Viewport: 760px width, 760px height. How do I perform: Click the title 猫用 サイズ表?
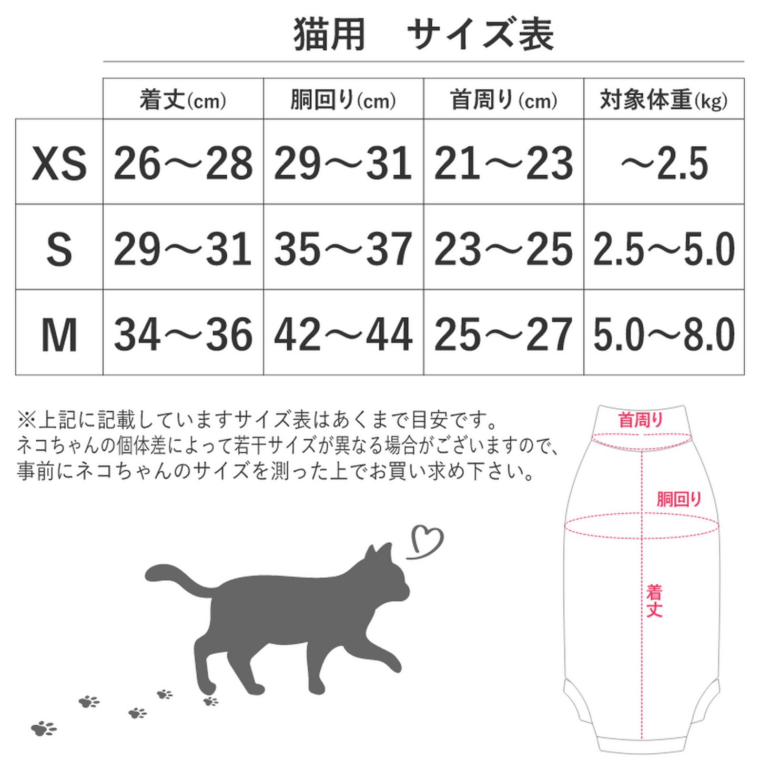tap(423, 35)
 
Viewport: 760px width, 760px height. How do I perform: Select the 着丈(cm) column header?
tap(183, 100)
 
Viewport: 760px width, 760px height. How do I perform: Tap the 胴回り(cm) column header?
tap(343, 100)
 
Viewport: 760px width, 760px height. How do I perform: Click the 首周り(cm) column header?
tap(503, 100)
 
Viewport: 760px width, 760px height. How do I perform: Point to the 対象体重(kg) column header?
tap(664, 100)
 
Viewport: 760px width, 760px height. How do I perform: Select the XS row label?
tap(59, 163)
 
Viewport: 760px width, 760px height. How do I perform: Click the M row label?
tap(59, 335)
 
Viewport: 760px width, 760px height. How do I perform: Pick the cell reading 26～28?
tap(183, 163)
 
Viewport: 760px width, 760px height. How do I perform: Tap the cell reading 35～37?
tap(343, 249)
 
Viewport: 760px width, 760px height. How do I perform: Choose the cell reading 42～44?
tap(343, 335)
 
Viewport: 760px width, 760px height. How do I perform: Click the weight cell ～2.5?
tap(664, 163)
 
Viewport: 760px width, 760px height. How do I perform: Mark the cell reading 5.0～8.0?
tap(664, 335)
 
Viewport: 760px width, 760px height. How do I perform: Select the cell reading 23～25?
tap(503, 249)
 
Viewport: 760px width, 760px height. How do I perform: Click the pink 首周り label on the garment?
tap(640, 420)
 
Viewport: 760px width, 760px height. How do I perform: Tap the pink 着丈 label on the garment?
tap(654, 601)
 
